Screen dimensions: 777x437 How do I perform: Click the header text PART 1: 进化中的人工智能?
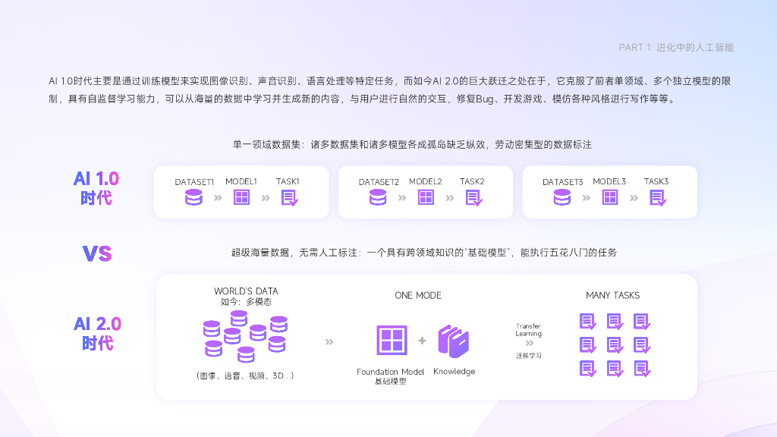pyautogui.click(x=676, y=47)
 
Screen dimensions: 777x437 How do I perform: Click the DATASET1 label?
pyautogui.click(x=194, y=182)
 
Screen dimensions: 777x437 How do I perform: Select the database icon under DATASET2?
pyautogui.click(x=378, y=198)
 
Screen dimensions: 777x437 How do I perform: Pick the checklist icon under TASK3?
pyautogui.click(x=657, y=198)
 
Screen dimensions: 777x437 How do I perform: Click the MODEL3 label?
pyautogui.click(x=609, y=182)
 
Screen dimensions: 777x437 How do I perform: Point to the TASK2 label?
pyautogui.click(x=472, y=182)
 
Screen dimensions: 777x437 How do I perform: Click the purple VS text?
pyautogui.click(x=97, y=253)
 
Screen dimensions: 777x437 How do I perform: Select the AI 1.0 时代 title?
pyautogui.click(x=96, y=188)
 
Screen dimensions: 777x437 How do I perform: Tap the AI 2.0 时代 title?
pyautogui.click(x=97, y=333)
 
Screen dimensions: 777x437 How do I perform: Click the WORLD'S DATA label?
pyautogui.click(x=246, y=291)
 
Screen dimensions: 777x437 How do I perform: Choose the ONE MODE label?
pyautogui.click(x=418, y=295)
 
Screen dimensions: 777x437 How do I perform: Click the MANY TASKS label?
pyautogui.click(x=612, y=295)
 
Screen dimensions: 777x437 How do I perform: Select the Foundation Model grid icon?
pyautogui.click(x=392, y=340)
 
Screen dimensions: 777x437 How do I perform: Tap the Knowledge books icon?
pyautogui.click(x=454, y=341)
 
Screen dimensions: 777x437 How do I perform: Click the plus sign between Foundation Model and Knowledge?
pyautogui.click(x=422, y=341)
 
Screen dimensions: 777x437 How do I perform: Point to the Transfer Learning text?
pyautogui.click(x=528, y=330)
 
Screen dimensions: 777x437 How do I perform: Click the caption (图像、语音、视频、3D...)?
pyautogui.click(x=245, y=376)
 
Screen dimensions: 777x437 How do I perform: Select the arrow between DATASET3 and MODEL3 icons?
pyautogui.click(x=586, y=198)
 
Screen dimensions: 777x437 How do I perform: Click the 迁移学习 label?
pyautogui.click(x=529, y=355)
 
